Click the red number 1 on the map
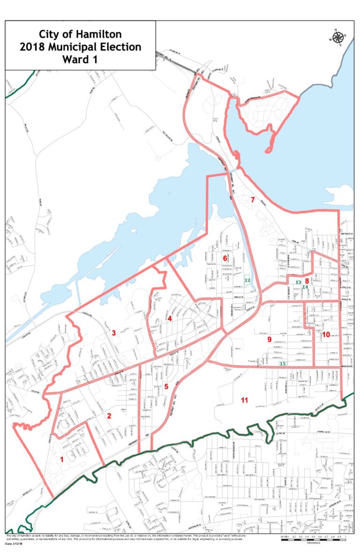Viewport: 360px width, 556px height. tap(62, 460)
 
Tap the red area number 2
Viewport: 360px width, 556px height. tap(109, 415)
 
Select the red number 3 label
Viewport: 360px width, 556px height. tap(113, 333)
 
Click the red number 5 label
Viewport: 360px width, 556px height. tap(166, 386)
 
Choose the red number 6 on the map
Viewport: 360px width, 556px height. tap(225, 259)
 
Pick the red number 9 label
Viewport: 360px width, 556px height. tap(270, 339)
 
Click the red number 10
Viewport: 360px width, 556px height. tap(326, 334)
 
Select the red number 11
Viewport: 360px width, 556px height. tap(244, 400)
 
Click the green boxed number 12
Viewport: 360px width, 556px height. tap(247, 280)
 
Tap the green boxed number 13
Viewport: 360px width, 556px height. tap(298, 282)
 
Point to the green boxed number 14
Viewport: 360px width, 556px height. tap(305, 287)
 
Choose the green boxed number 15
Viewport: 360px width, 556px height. tap(282, 363)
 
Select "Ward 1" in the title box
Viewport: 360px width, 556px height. tap(80, 59)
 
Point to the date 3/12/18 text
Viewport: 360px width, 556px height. tap(15, 544)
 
